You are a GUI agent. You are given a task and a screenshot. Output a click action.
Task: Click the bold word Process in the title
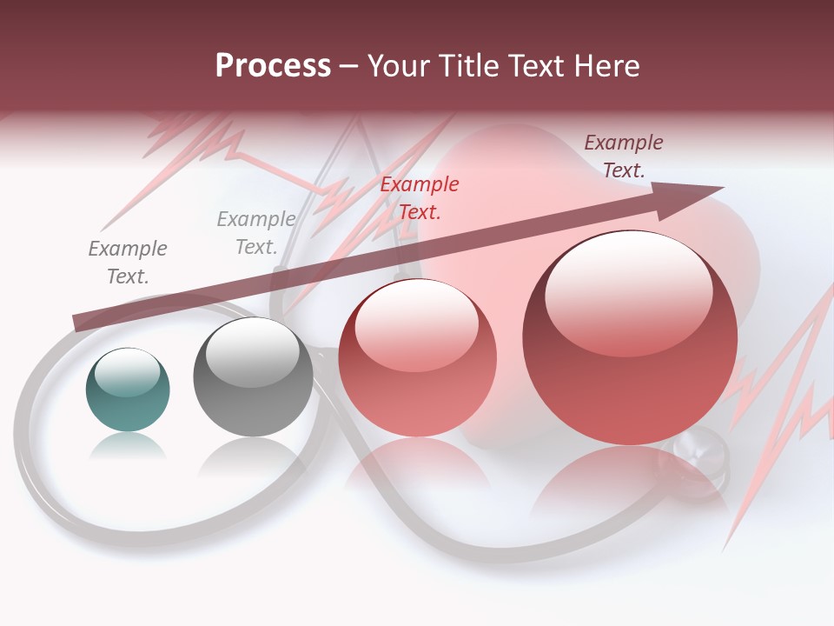coord(273,66)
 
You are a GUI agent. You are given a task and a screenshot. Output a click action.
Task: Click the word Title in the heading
coord(467,66)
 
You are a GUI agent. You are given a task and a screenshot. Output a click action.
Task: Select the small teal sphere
coord(128,390)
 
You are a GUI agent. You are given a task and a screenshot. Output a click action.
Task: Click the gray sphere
coord(253,377)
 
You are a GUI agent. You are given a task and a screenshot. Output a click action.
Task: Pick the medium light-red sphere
coord(417,358)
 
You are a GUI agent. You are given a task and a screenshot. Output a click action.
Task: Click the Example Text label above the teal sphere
coord(128,263)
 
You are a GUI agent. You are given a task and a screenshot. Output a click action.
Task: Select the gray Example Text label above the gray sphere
coord(256,233)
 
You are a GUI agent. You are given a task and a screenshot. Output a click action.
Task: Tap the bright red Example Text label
coord(420,197)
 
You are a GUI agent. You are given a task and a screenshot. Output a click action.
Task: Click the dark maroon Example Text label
coord(624,156)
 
